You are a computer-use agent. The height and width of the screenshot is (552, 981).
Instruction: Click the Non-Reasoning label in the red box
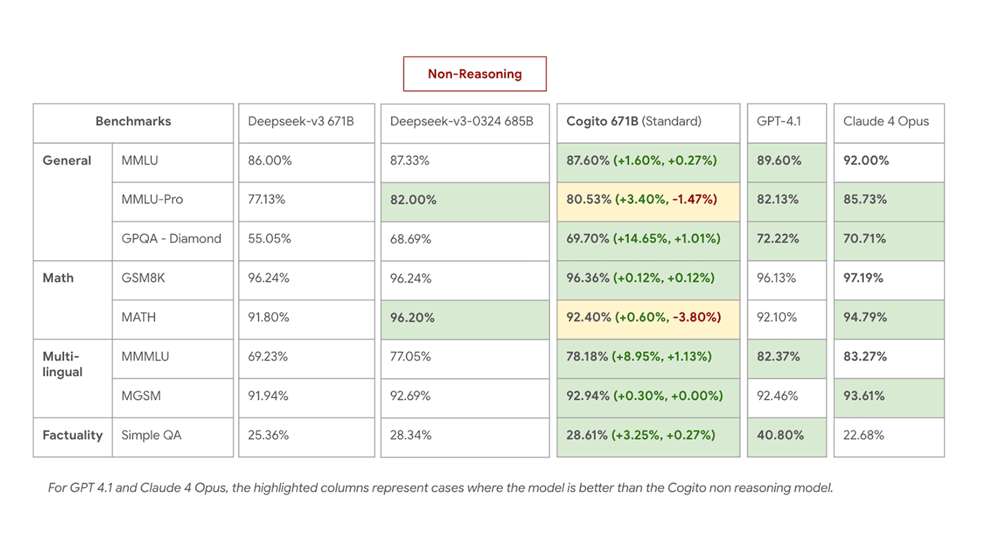pos(475,74)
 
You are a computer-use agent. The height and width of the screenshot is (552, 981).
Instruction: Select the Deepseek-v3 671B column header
pos(301,121)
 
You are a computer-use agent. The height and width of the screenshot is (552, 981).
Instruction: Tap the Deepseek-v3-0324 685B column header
pos(461,121)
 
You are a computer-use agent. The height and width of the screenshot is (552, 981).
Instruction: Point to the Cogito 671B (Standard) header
pos(633,121)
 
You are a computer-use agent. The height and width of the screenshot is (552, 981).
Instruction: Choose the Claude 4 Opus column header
pos(886,121)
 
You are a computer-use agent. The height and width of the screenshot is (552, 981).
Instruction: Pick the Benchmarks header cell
pos(133,121)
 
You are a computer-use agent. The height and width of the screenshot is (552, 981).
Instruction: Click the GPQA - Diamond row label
pos(171,239)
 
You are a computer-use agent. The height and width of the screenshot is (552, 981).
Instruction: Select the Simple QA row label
pos(151,435)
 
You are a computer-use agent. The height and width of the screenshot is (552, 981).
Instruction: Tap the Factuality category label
pos(72,435)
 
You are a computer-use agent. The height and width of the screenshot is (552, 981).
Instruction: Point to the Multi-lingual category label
pos(62,364)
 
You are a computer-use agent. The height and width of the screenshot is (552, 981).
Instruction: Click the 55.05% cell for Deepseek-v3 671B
pos(269,239)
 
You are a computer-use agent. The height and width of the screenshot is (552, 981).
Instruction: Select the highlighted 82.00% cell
pos(413,200)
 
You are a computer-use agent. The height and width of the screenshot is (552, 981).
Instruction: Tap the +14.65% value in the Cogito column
pos(643,239)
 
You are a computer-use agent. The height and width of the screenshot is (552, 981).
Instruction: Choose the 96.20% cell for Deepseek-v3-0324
pos(413,317)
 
